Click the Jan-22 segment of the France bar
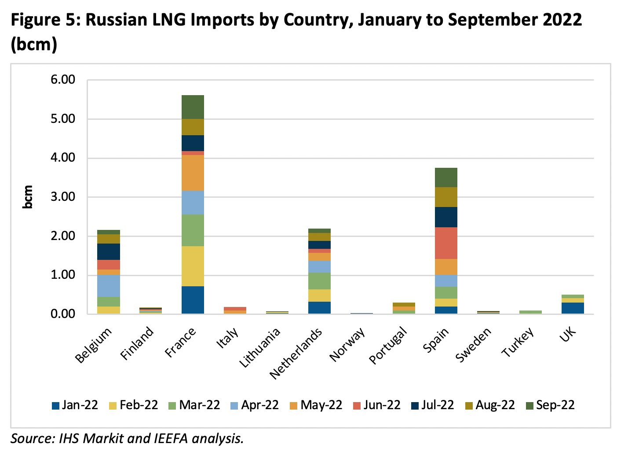[x=193, y=300]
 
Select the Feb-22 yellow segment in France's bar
[x=193, y=266]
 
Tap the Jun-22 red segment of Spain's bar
[x=446, y=243]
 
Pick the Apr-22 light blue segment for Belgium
[x=109, y=285]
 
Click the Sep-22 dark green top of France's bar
[x=193, y=107]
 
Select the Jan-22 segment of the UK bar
[x=573, y=308]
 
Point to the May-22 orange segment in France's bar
[x=193, y=173]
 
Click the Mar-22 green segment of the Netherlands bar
[x=319, y=281]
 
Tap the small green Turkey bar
[x=530, y=312]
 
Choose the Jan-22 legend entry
[x=75, y=405]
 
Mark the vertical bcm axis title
[x=28, y=197]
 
